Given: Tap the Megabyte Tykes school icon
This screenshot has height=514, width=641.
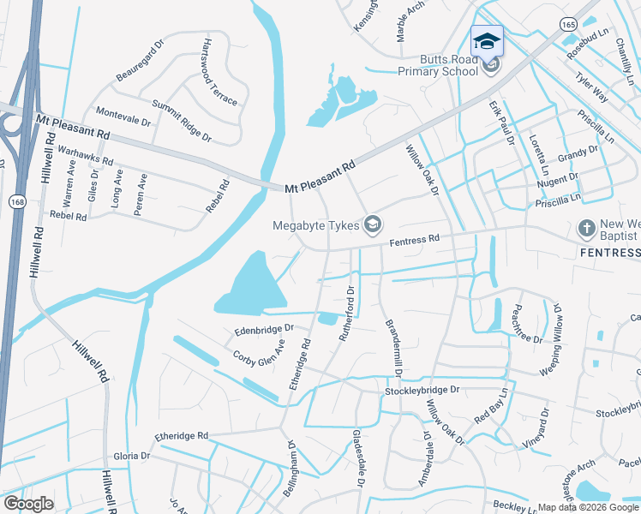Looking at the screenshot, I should (372, 225).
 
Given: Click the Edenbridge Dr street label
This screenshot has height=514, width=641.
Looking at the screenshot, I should (264, 329).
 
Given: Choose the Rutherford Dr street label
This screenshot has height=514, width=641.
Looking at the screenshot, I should (347, 314).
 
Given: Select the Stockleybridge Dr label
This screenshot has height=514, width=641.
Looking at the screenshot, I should (422, 390).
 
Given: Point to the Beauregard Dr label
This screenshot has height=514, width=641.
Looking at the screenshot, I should (140, 61).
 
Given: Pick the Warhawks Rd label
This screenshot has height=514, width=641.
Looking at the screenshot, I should (85, 154).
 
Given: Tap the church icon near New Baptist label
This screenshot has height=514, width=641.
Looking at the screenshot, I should (586, 228).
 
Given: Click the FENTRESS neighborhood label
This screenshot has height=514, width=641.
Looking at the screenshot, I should (609, 253).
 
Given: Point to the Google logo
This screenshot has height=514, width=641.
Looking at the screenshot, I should (28, 504).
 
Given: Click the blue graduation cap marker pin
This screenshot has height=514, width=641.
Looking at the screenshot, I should (487, 40).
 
